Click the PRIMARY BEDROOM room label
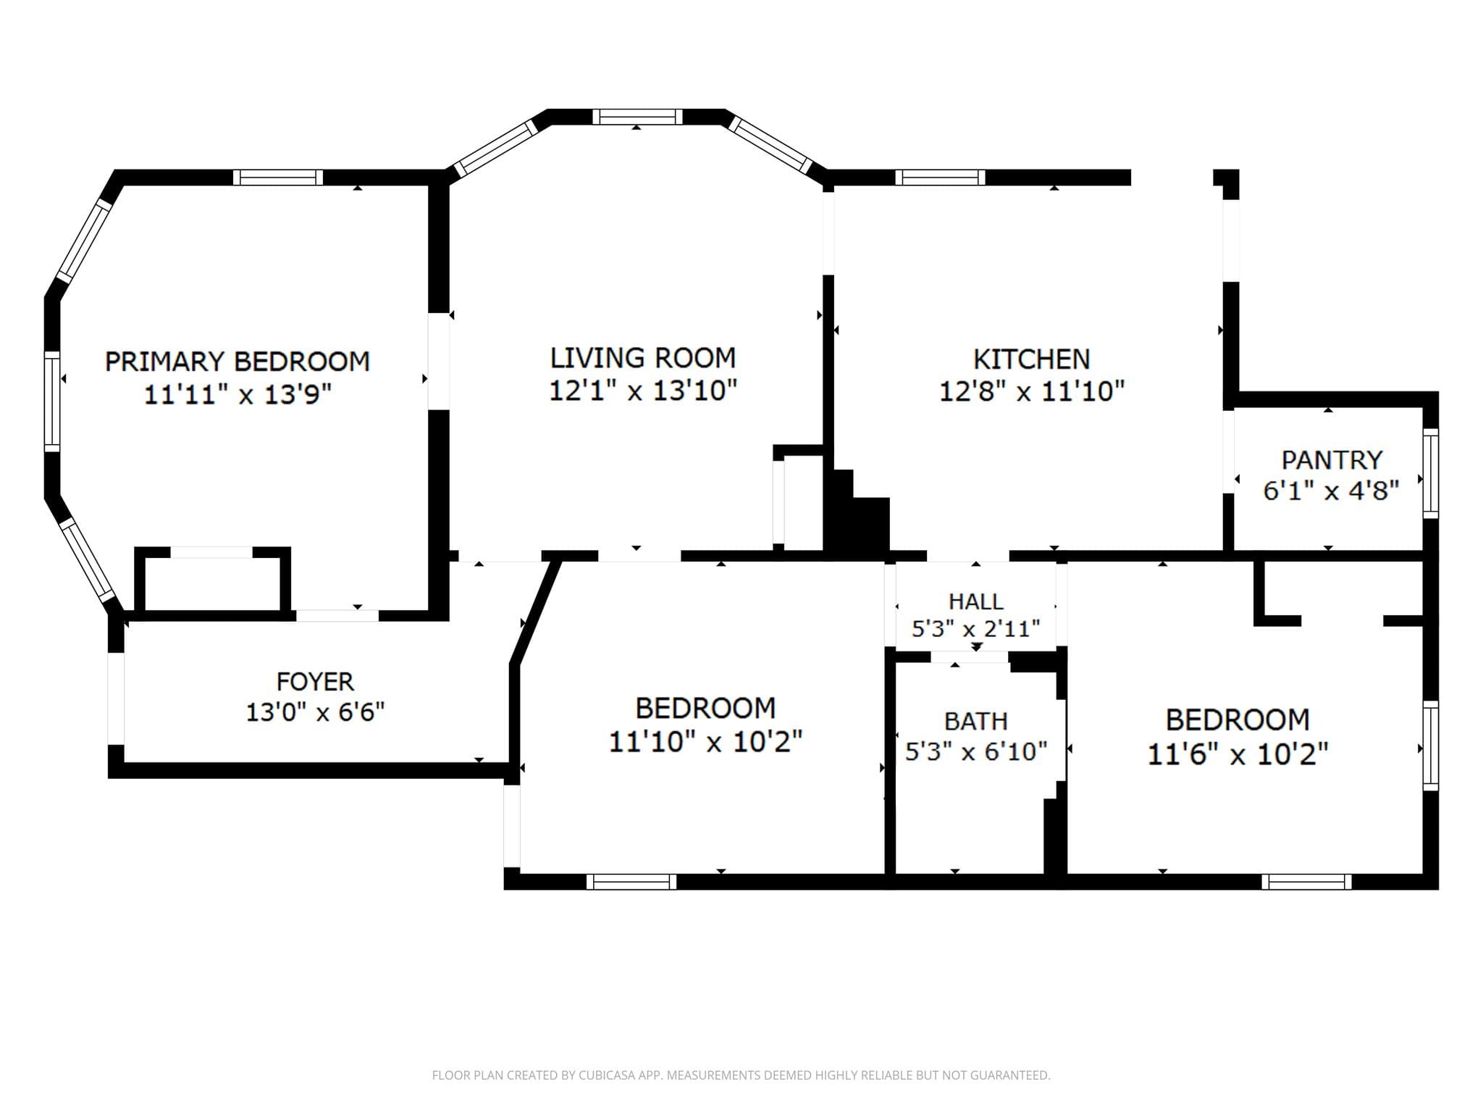pos(238,361)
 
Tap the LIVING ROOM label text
pos(643,358)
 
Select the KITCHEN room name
pos(1031,359)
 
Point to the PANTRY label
pos(1332,460)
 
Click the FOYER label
pos(315,682)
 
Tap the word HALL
pos(976,601)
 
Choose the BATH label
pos(976,721)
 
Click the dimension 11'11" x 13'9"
pos(238,395)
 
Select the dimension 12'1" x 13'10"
pos(643,391)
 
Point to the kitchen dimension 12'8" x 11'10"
pos(1032,392)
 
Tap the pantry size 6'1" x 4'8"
pos(1331,491)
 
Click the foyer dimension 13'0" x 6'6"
pos(315,712)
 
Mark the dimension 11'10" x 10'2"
pos(705,742)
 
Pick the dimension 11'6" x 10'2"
pos(1238,754)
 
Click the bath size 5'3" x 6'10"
pos(976,751)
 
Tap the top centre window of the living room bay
pos(638,117)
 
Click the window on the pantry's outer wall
pos(1431,473)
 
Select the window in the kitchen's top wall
pos(941,178)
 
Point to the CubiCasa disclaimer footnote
pos(741,1075)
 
